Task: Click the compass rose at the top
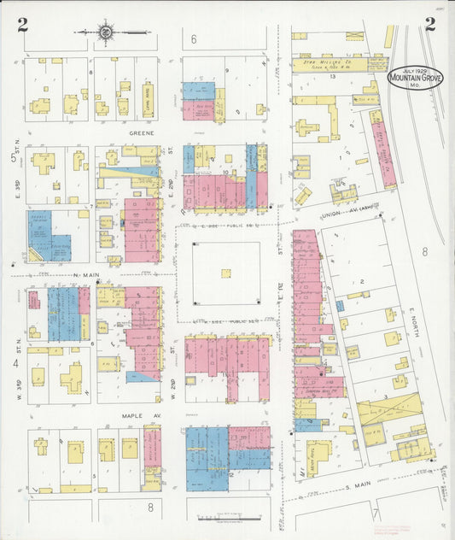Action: point(105,33)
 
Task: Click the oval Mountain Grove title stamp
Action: point(415,79)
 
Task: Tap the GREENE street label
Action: point(140,133)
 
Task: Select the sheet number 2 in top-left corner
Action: point(21,24)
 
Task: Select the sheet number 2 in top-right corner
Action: point(429,24)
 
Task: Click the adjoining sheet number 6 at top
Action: point(194,39)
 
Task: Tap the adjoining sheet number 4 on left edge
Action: point(15,362)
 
